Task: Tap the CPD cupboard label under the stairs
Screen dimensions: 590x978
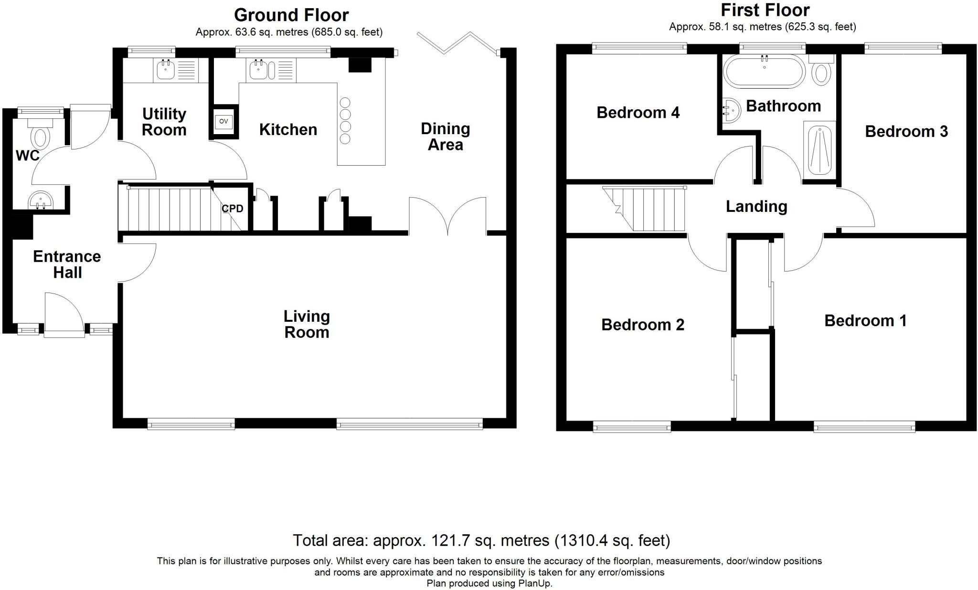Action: click(x=233, y=209)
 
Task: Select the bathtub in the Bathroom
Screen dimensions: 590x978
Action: click(x=764, y=71)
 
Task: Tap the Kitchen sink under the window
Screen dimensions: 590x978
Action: click(x=259, y=71)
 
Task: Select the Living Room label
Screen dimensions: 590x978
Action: click(x=307, y=324)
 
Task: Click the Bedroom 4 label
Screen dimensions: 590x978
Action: click(x=638, y=113)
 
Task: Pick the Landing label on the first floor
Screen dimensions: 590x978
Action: click(x=756, y=206)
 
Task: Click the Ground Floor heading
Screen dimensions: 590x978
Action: click(x=291, y=15)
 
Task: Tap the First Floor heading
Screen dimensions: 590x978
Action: click(x=765, y=10)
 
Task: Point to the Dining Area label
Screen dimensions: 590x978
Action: click(x=445, y=137)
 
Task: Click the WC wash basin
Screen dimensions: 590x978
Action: click(x=41, y=200)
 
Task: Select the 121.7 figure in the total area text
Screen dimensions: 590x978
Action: click(x=447, y=541)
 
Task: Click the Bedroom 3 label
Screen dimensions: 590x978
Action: click(x=906, y=132)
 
